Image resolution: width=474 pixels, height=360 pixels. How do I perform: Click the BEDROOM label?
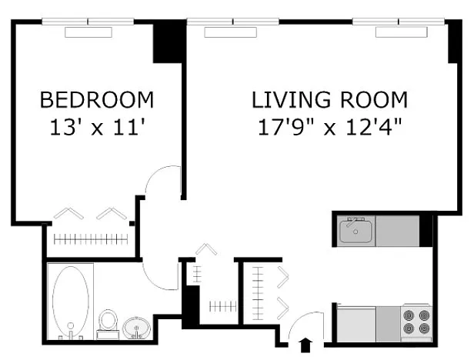(97, 100)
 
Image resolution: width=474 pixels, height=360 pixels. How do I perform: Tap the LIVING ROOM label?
(330, 100)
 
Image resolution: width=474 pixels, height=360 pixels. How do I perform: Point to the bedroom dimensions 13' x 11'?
(97, 127)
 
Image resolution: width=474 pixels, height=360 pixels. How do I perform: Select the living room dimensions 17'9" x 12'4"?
(330, 127)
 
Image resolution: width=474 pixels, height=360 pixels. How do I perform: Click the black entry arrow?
(305, 345)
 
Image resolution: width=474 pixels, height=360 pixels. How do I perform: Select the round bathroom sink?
(137, 328)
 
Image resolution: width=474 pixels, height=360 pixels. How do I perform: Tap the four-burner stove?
(416, 322)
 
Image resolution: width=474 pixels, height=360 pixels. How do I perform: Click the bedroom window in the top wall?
(88, 22)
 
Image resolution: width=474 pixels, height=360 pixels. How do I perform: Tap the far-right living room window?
(399, 22)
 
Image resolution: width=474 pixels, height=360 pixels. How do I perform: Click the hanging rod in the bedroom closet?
(91, 240)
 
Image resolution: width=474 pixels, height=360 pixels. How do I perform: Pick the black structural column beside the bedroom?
(168, 42)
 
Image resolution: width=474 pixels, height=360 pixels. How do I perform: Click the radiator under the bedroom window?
(88, 32)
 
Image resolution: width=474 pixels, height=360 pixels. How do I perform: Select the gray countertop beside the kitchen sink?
(397, 231)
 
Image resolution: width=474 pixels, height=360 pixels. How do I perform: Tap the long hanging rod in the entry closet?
(258, 293)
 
